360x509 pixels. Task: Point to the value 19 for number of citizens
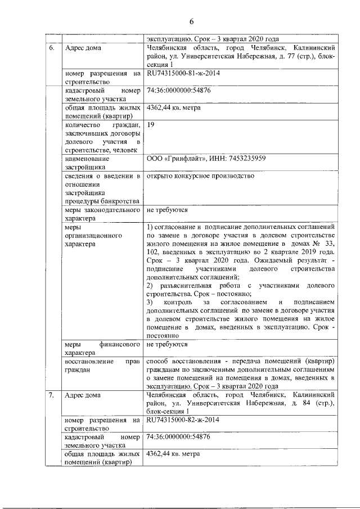click(150, 124)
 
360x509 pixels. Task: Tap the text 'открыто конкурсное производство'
click(200, 176)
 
